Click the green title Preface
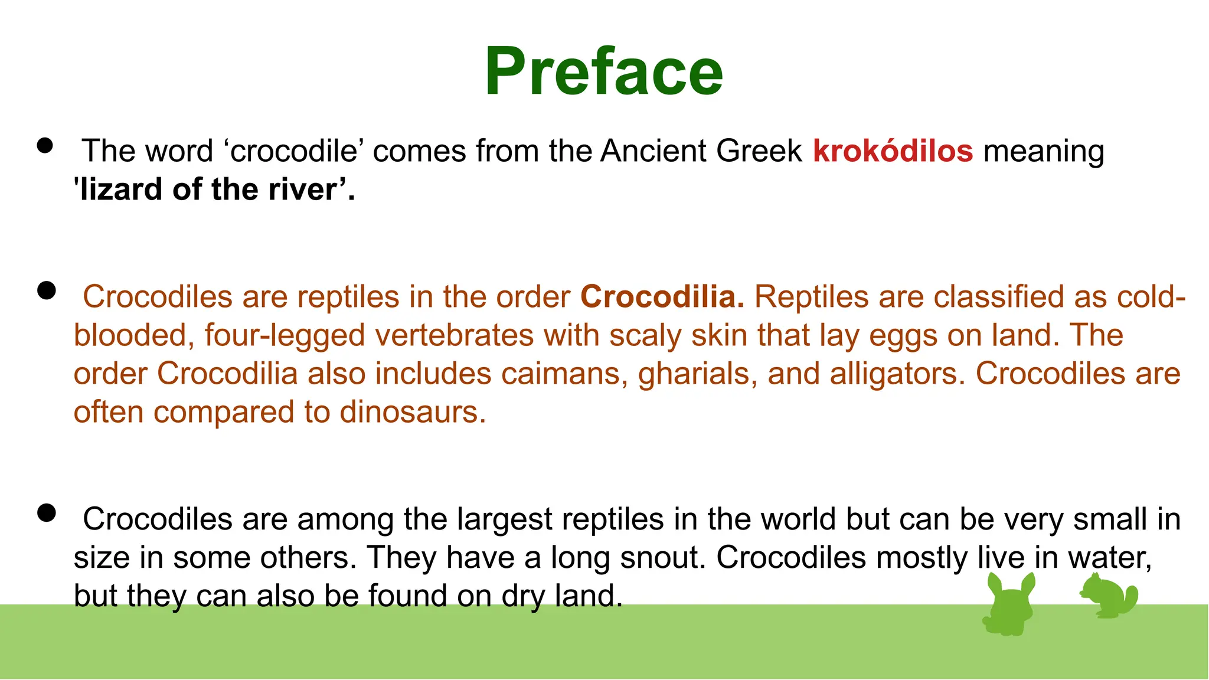click(x=603, y=72)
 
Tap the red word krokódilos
click(x=893, y=151)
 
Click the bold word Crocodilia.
click(x=662, y=297)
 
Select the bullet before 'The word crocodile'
click(x=45, y=146)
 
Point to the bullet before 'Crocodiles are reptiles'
click(x=45, y=290)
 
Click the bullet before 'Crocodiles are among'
click(x=45, y=513)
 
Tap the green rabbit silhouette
click(x=1010, y=605)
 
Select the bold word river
click(x=311, y=190)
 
